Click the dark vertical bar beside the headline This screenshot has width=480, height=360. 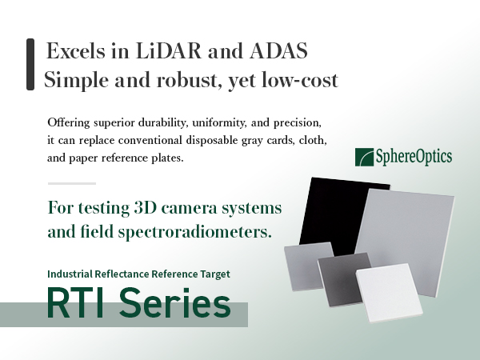pos(30,66)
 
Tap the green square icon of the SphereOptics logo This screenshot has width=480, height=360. pos(363,156)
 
